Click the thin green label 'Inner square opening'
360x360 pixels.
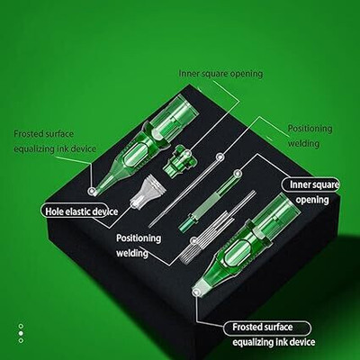click(220, 74)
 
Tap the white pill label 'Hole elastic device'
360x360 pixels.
click(81, 211)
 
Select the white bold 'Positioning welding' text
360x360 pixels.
click(139, 246)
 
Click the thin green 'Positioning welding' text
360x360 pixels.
click(310, 136)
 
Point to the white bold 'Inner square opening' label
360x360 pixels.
click(312, 192)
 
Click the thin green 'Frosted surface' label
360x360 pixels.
click(44, 134)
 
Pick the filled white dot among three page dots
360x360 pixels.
click(21, 333)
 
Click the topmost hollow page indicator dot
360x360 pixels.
click(21, 326)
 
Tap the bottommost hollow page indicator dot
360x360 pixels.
click(21, 340)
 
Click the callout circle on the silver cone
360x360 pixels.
click(134, 205)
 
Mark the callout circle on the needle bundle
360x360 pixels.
click(194, 240)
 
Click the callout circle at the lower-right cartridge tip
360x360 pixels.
click(196, 292)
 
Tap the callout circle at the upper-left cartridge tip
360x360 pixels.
click(91, 191)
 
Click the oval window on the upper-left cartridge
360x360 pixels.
click(138, 155)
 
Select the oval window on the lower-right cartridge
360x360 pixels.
click(237, 253)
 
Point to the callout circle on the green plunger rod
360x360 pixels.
click(238, 173)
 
